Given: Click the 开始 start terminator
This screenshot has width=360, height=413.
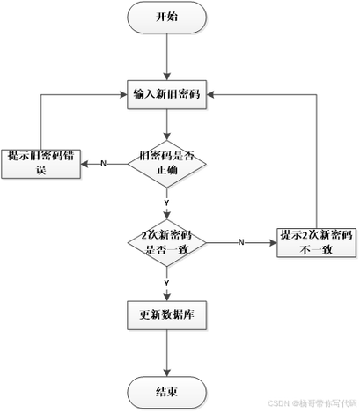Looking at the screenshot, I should [x=165, y=17].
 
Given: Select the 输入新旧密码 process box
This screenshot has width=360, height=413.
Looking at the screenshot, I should [x=166, y=93].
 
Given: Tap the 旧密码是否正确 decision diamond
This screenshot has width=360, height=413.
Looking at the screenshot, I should [x=166, y=164].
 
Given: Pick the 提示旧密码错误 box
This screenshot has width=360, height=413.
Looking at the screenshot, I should [x=41, y=164].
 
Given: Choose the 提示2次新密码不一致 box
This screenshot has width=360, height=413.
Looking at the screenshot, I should [x=316, y=240].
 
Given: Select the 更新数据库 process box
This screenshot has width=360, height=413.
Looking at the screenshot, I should [x=166, y=313].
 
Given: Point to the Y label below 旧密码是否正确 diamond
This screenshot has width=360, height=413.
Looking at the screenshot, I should [x=165, y=203].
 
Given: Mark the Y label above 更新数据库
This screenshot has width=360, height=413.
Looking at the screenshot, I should [x=165, y=282].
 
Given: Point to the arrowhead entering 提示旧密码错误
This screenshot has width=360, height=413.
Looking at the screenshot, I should [x=87, y=164].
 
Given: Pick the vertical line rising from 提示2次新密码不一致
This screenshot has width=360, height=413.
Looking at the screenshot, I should [x=316, y=159].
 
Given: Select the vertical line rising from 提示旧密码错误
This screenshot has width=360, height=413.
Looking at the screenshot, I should [x=41, y=119].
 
